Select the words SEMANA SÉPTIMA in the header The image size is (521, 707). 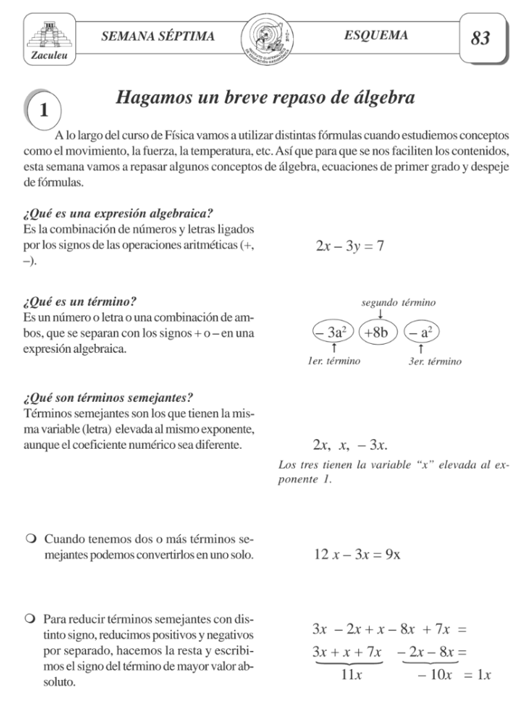[x=158, y=36]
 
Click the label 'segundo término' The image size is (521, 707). [x=398, y=302]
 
